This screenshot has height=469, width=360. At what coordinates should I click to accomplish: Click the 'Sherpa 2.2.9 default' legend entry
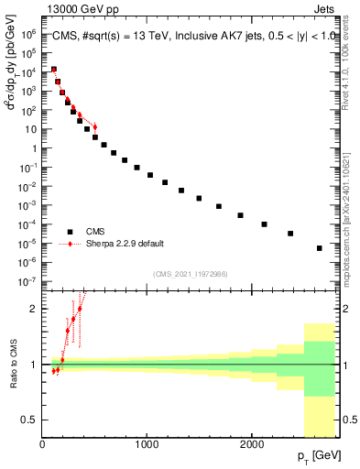(107, 245)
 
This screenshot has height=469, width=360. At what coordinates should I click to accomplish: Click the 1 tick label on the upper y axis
(34, 128)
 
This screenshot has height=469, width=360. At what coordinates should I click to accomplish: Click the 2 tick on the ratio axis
(35, 309)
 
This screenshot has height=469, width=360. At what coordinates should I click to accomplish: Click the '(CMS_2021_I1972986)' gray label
(190, 274)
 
